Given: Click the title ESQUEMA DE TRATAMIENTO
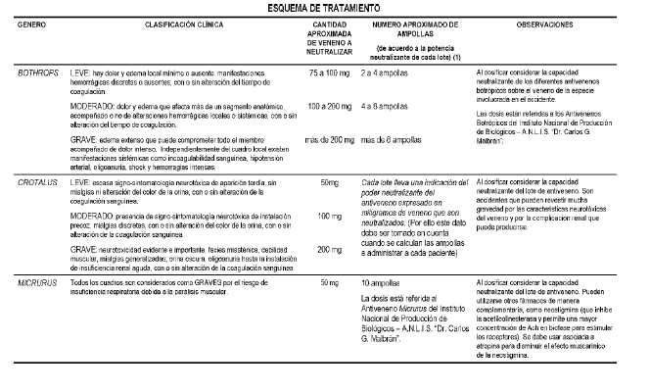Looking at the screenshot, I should coord(325,8).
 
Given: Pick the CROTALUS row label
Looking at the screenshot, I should coord(39,182).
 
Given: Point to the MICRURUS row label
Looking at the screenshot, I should coord(39,283).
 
